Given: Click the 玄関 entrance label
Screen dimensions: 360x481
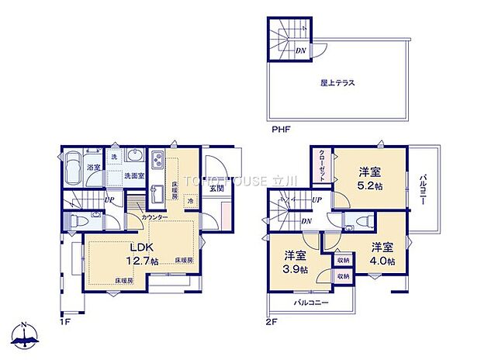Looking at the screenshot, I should (x=216, y=188).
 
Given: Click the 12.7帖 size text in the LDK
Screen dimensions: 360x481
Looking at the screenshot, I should (x=144, y=262).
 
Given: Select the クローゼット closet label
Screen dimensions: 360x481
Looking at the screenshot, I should (x=323, y=167).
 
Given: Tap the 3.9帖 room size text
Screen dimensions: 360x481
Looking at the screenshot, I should (x=295, y=269).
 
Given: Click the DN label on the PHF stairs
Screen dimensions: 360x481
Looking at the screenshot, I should (x=299, y=51).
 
